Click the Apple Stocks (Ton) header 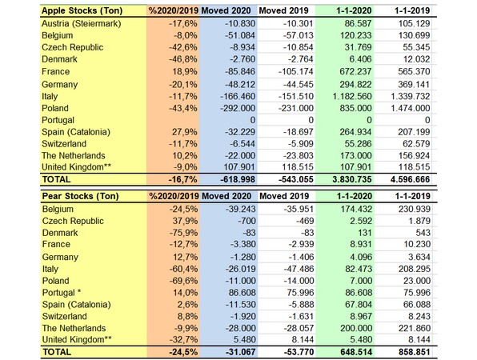coord(82,10)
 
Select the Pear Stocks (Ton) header coord(81,196)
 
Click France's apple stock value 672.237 coord(355,71)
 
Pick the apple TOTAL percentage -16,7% coord(182,179)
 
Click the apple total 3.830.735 coord(352,179)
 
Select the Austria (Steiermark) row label coord(82,23)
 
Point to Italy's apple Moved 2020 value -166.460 coord(238,96)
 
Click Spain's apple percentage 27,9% coord(185,132)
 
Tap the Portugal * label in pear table coord(62,293)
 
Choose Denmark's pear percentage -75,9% coord(183,233)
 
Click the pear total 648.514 coord(355,352)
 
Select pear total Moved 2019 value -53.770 coord(297,352)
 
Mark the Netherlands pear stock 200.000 coord(355,328)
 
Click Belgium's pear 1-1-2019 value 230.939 coord(414,209)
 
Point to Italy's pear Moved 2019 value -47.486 coord(299,269)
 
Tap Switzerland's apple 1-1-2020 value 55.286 coord(358,143)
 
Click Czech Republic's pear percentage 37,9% coord(185,221)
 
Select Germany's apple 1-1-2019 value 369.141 coord(413,84)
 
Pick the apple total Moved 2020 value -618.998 coord(238,179)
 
